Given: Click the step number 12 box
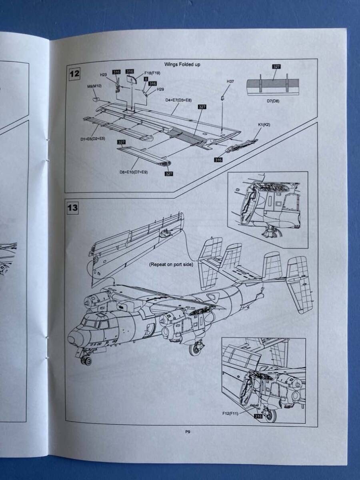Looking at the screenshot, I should [x=75, y=74].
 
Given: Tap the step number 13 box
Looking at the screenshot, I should [x=73, y=208].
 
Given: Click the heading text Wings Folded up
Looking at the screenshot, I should [x=182, y=64].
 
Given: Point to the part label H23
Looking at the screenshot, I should [x=103, y=75].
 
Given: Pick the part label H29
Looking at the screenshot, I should [x=160, y=89].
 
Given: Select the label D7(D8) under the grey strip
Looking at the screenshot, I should [x=273, y=101].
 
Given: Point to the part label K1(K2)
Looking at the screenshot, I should [x=264, y=125].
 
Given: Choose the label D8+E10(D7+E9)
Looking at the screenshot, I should [x=133, y=172].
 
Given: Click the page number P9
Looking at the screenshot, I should [x=187, y=431].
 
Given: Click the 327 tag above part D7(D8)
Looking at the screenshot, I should [x=276, y=67].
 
